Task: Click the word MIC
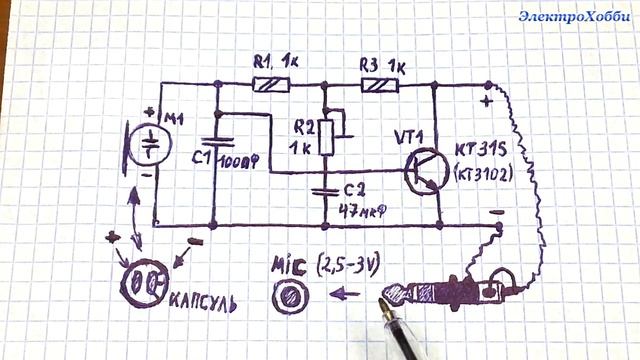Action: pos(290,268)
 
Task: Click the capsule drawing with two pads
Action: pos(141,282)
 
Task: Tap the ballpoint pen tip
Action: pos(382,299)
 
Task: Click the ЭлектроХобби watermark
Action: pos(573,16)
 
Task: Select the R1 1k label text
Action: pos(276,62)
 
